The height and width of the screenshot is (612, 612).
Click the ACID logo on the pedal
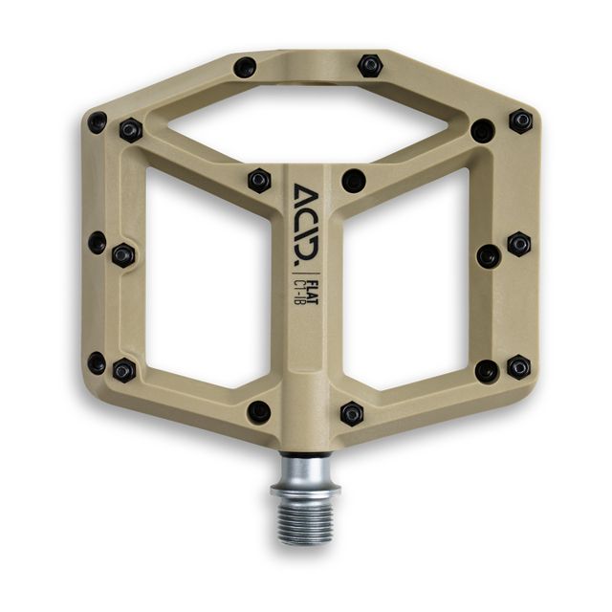tap(305, 222)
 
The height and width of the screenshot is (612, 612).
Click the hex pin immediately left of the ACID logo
tap(259, 180)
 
